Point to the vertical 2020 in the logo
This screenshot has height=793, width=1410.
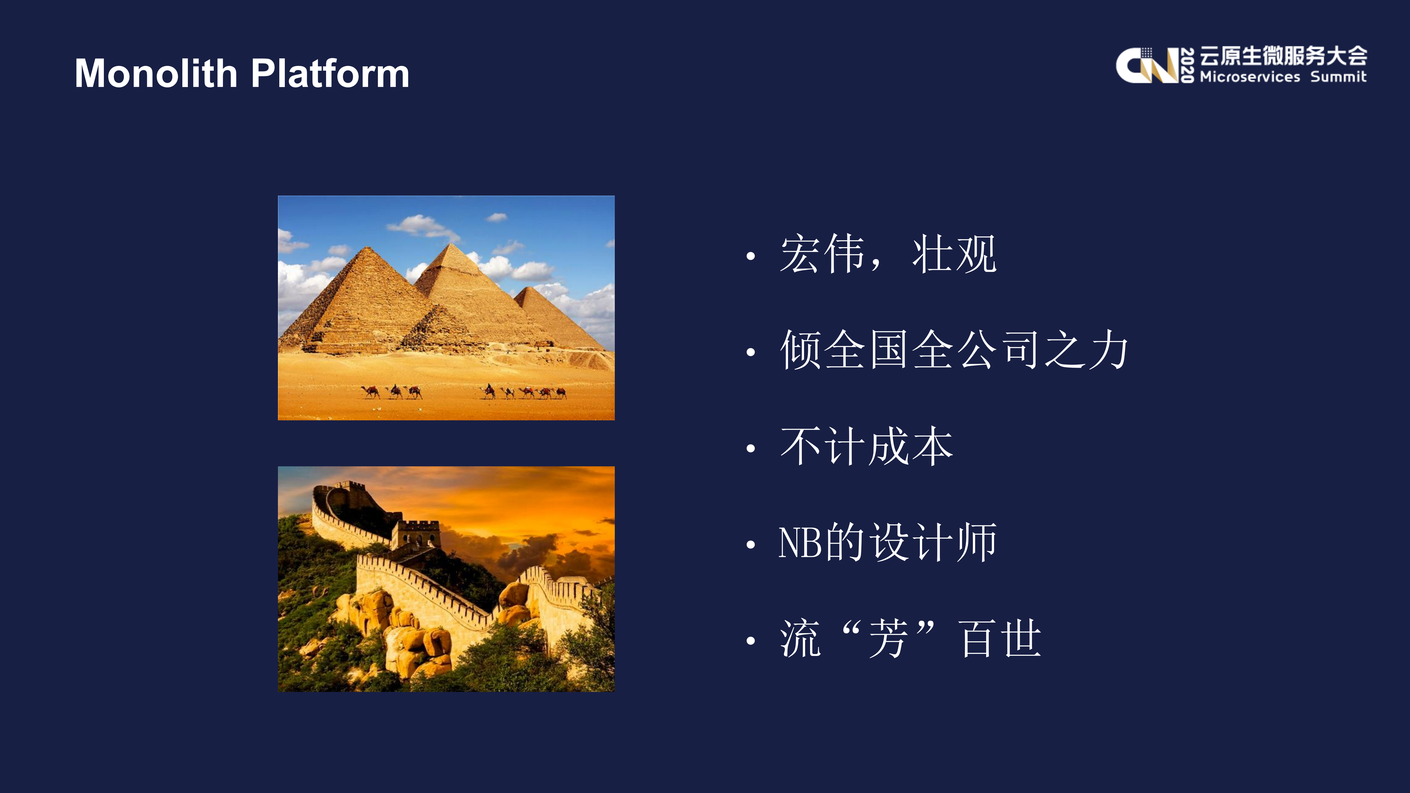[x=1187, y=66]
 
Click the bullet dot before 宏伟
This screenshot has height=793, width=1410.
[x=750, y=256]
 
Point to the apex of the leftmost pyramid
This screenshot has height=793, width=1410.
[x=367, y=247]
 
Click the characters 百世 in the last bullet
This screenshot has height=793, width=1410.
[x=1000, y=639]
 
